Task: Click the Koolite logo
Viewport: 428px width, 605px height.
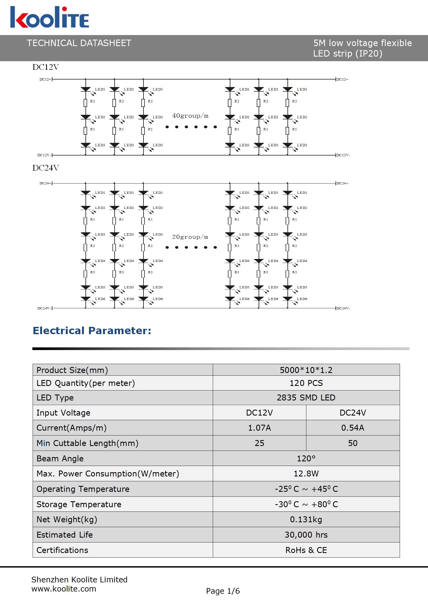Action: (50, 18)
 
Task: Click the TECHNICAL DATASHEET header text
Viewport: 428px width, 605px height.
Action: (79, 43)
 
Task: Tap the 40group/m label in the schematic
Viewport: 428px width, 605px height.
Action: (190, 116)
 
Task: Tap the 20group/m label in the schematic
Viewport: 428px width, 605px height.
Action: (190, 237)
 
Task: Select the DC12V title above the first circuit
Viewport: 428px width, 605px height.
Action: (46, 67)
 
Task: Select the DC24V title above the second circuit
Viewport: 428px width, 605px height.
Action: (46, 168)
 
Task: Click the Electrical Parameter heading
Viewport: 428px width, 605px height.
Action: (92, 331)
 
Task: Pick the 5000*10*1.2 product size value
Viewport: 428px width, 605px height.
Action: (306, 370)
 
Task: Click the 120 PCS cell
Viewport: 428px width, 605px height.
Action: (306, 383)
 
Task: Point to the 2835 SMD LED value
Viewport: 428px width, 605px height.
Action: (306, 397)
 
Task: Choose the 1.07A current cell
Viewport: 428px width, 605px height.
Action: (259, 428)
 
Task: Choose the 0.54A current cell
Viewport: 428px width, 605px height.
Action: (353, 428)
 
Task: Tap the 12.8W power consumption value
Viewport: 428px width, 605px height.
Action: (306, 473)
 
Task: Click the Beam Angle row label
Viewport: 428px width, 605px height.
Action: (60, 458)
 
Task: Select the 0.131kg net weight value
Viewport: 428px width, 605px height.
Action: (306, 519)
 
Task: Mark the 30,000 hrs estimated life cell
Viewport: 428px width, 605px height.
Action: (306, 535)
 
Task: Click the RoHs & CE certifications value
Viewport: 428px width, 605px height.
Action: (306, 550)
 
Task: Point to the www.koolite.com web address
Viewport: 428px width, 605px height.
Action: (64, 589)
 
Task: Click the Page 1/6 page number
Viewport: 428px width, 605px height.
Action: (223, 591)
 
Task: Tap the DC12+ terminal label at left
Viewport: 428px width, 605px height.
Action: (45, 79)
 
